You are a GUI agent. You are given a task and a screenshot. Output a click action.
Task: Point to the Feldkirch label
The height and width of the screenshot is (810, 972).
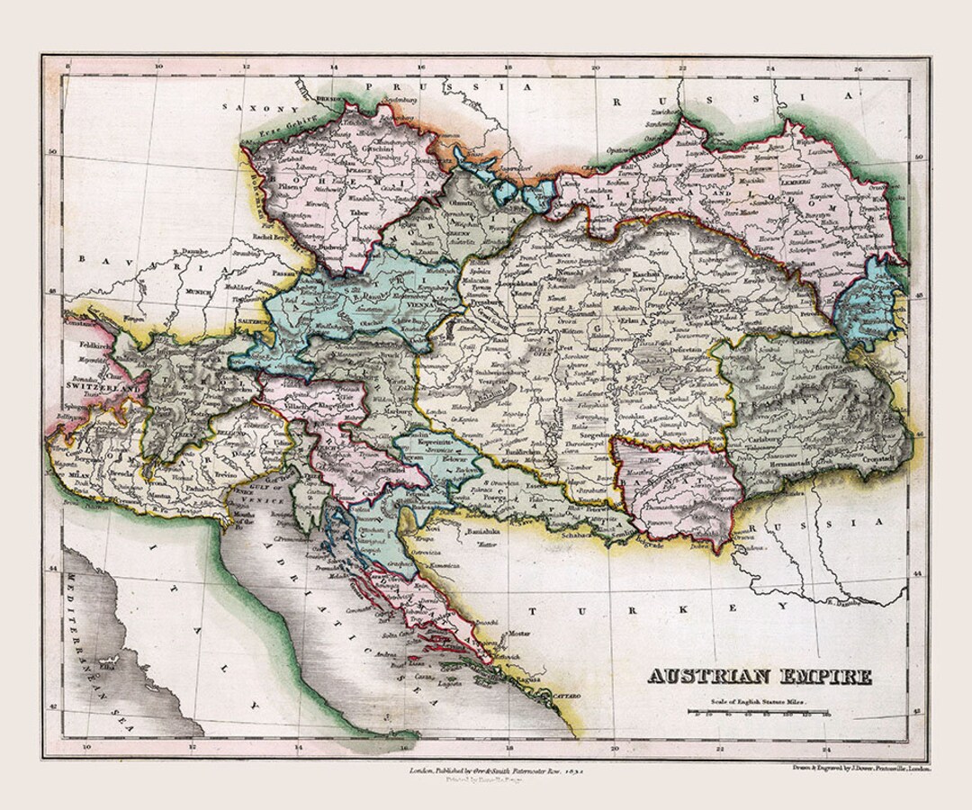click(86, 344)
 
